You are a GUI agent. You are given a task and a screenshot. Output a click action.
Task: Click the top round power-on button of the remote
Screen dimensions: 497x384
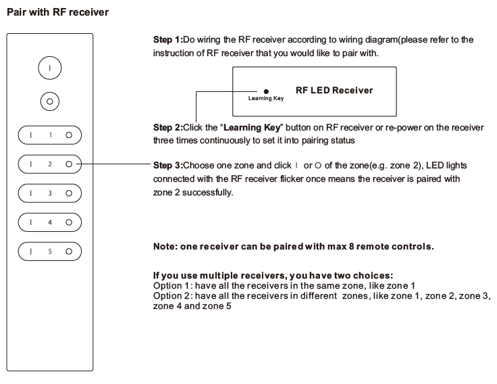(x=50, y=68)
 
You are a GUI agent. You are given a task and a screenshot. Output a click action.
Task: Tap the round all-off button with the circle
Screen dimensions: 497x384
(x=50, y=101)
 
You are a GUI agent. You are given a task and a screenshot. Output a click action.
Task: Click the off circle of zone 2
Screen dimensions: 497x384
(x=69, y=164)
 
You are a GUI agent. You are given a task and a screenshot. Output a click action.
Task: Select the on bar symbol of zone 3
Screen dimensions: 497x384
(x=31, y=193)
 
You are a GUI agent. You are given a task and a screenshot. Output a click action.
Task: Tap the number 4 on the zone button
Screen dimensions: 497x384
(x=50, y=222)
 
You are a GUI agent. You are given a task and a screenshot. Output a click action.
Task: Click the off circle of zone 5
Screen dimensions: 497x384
(x=69, y=251)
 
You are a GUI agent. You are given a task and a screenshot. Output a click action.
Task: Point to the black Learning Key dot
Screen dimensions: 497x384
(x=266, y=92)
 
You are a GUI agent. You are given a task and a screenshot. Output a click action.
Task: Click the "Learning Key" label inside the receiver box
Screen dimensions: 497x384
(x=266, y=99)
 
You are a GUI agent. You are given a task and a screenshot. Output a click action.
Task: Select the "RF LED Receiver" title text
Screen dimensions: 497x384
(x=334, y=91)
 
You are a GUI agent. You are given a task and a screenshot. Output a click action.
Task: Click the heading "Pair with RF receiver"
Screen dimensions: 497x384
(x=57, y=12)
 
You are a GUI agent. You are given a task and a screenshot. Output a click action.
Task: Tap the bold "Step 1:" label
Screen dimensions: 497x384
(x=168, y=40)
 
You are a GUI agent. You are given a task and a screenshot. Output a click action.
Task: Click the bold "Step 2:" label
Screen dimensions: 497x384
(x=168, y=128)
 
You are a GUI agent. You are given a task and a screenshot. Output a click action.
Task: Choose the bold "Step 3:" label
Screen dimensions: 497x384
(x=168, y=166)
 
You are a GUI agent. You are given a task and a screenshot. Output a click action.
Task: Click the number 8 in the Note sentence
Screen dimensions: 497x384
(x=352, y=247)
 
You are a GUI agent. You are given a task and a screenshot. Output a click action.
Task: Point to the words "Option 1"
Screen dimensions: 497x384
(x=171, y=285)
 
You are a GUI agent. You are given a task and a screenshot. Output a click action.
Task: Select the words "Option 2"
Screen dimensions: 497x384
(x=171, y=296)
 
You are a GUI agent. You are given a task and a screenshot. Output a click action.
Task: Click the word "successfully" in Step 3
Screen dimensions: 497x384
(x=207, y=193)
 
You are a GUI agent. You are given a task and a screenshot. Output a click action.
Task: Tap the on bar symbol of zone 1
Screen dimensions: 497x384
(x=31, y=135)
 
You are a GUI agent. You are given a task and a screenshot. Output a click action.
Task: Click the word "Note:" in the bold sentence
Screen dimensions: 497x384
(x=165, y=247)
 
